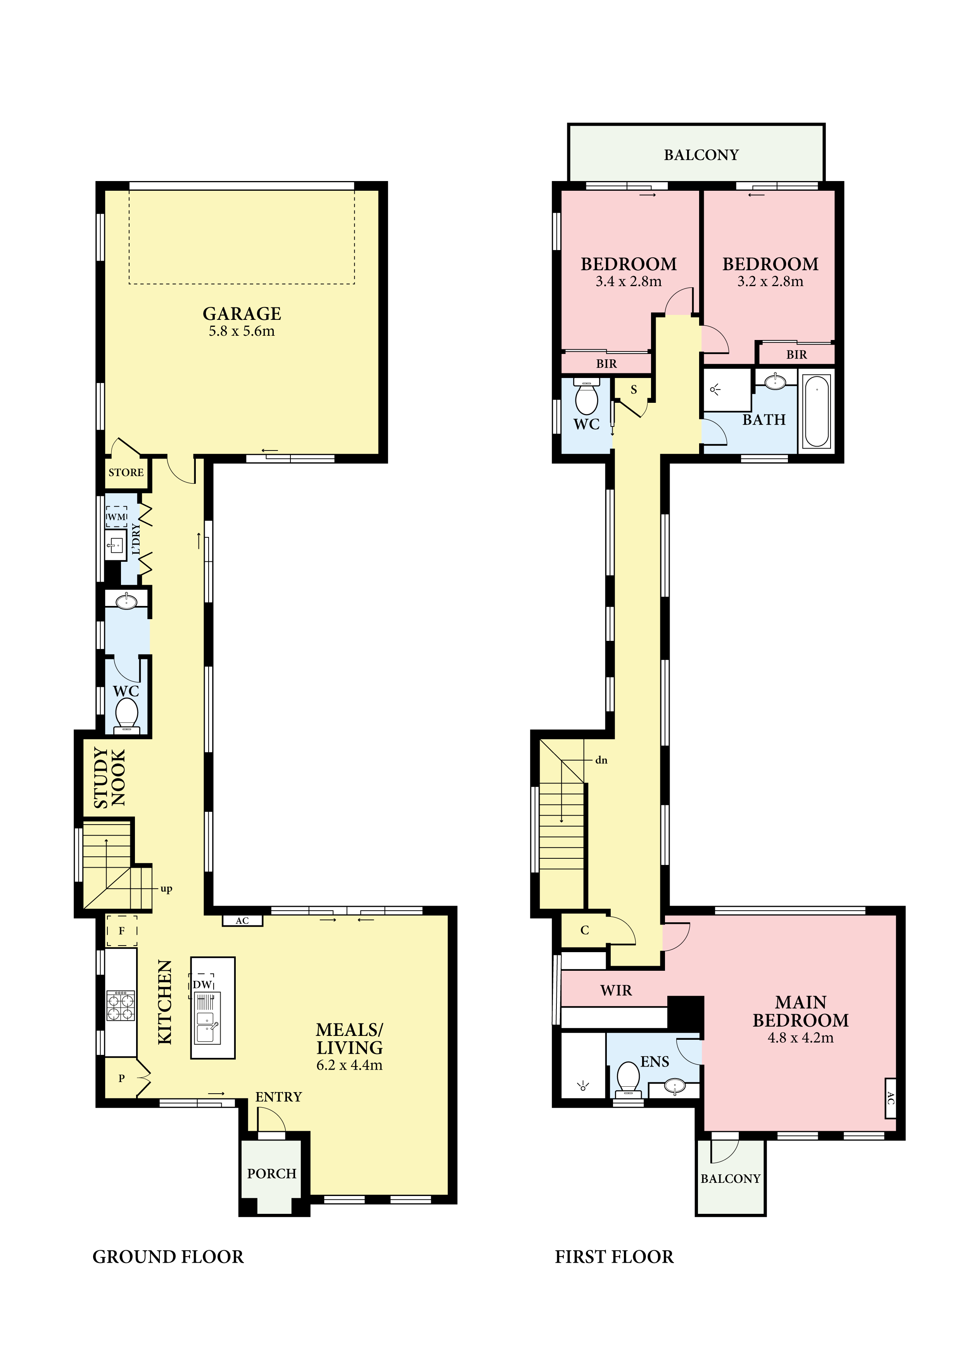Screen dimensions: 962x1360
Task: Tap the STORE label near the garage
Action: point(126,473)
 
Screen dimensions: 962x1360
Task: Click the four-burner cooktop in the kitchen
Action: point(121,1006)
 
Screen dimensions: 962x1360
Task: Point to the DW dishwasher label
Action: point(202,984)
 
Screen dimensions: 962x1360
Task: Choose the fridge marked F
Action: point(121,930)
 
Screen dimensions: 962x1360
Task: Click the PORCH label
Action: point(272,1174)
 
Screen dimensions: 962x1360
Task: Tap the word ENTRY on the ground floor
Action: point(278,1097)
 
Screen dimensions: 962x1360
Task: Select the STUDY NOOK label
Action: point(110,778)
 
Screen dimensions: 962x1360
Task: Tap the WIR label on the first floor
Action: point(616,991)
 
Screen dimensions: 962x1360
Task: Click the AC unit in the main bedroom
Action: point(890,1098)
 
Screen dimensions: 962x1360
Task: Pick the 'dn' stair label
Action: point(601,760)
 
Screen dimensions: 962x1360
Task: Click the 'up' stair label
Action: point(166,889)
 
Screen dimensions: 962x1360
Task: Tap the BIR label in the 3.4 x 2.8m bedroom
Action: point(606,364)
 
